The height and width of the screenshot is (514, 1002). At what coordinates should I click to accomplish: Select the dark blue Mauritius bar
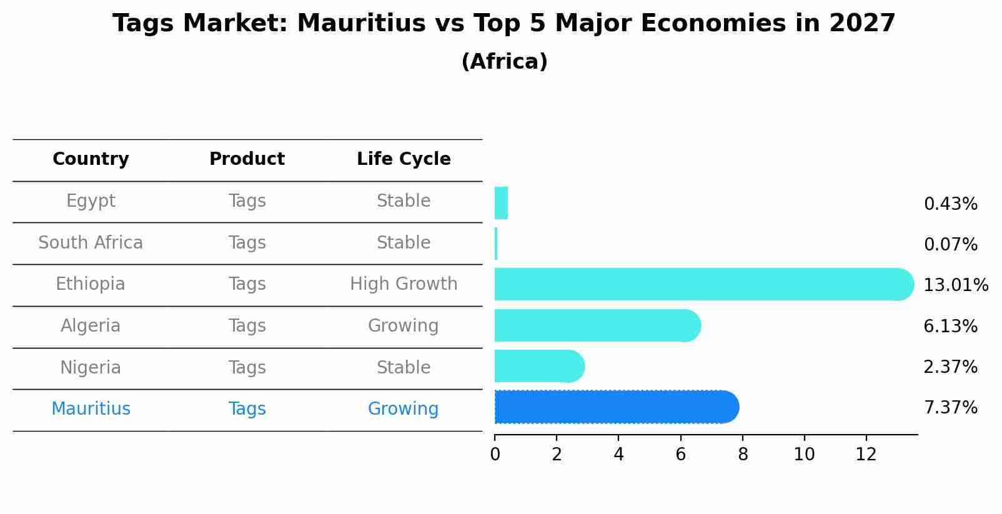(x=616, y=407)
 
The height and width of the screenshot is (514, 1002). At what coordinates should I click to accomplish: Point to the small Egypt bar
(x=501, y=203)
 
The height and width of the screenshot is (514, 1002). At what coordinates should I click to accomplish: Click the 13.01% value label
(x=955, y=285)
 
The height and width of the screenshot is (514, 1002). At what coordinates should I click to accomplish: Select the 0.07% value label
(x=950, y=245)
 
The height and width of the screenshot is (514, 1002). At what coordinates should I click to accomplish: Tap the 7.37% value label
(x=950, y=408)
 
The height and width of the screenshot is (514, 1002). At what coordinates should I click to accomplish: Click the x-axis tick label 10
(x=804, y=455)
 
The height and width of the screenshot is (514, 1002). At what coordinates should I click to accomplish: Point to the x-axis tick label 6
(x=680, y=455)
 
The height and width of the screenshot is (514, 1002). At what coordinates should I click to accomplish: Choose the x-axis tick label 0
(x=495, y=455)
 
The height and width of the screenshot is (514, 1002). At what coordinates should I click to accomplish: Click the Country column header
(x=91, y=159)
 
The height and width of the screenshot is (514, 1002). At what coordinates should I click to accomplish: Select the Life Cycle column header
(x=404, y=159)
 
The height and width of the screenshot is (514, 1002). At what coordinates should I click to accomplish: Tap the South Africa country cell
(x=91, y=243)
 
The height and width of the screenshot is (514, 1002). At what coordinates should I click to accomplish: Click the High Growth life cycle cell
(x=404, y=284)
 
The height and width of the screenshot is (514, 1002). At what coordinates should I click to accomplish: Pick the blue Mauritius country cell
(x=91, y=409)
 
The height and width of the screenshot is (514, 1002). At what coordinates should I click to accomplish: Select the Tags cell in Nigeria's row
(x=247, y=368)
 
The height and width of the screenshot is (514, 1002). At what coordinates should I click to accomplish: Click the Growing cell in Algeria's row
(x=404, y=326)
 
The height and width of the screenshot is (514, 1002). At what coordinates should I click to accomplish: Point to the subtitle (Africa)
(x=504, y=62)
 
